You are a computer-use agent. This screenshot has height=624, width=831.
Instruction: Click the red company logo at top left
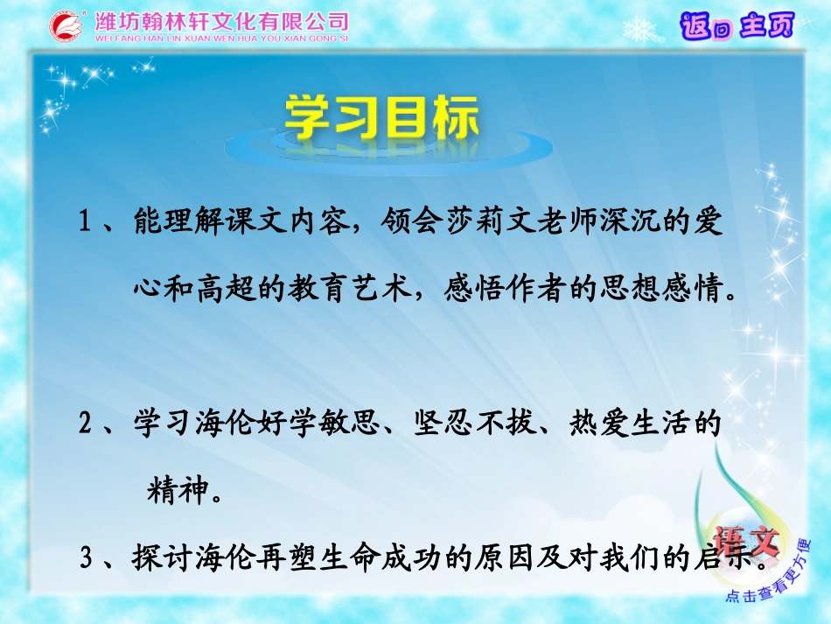[68, 25]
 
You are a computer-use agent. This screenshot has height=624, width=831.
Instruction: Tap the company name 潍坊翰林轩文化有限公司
[220, 21]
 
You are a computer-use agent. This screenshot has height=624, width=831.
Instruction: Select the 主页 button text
[766, 26]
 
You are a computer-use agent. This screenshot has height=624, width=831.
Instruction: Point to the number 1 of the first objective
[87, 222]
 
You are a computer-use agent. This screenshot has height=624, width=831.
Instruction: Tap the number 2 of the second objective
[86, 425]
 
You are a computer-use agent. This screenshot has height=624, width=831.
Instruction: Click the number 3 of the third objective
[86, 557]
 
